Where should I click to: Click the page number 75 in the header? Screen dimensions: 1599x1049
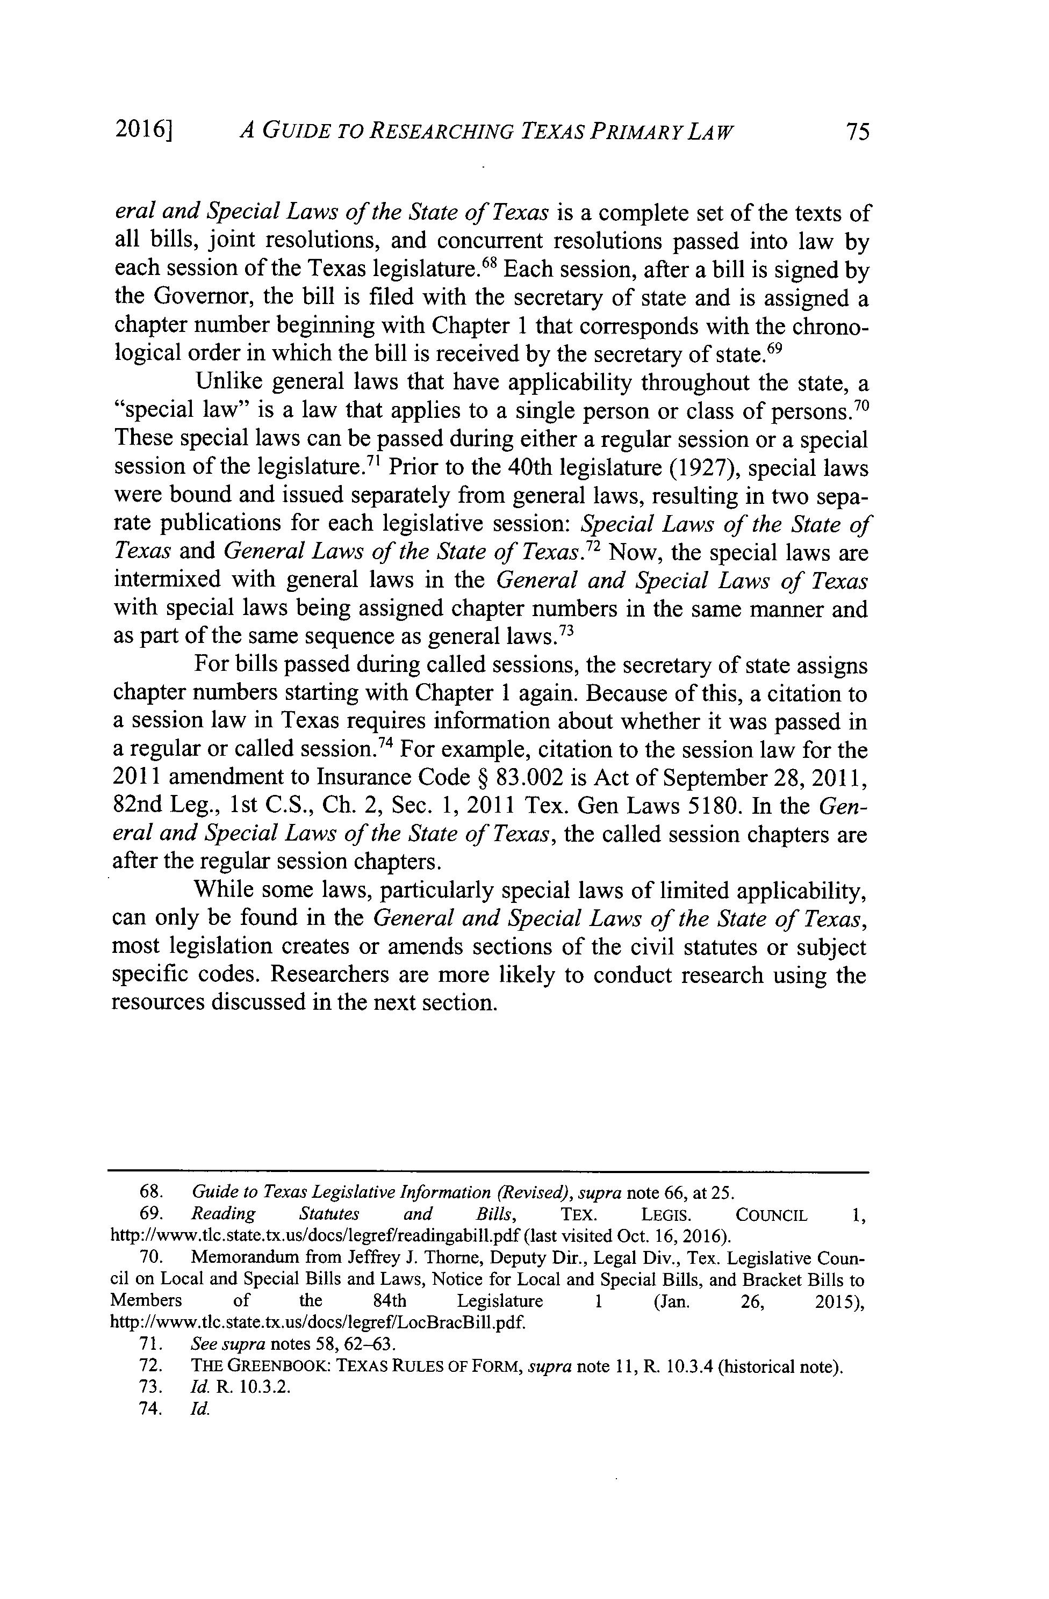point(857,132)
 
